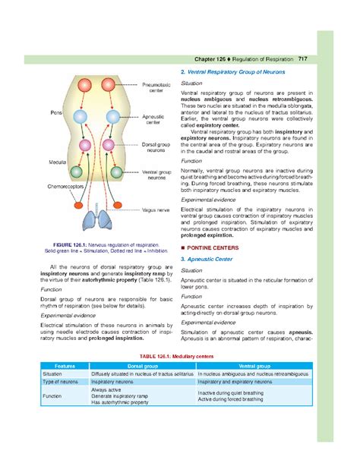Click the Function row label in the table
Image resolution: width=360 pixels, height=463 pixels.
(52, 396)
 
